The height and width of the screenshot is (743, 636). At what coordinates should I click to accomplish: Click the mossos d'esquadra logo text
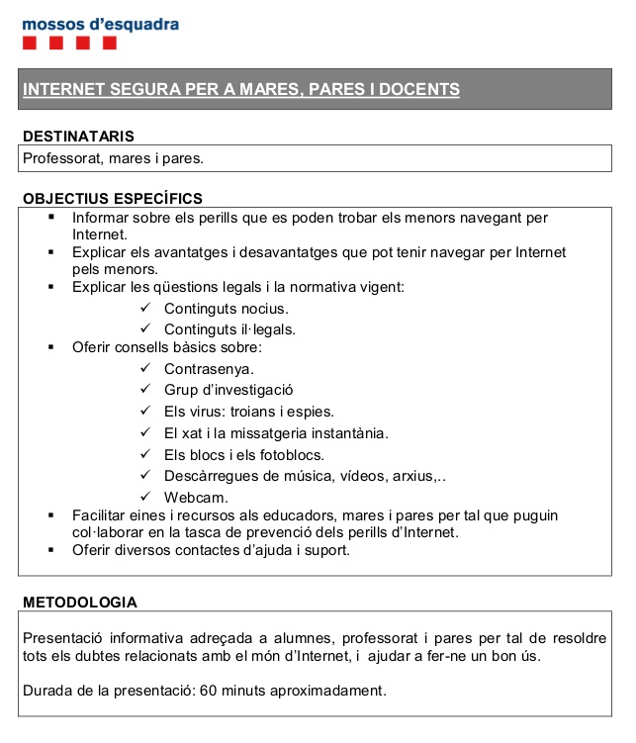[100, 24]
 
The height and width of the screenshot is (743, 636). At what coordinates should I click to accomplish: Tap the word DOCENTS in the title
[418, 89]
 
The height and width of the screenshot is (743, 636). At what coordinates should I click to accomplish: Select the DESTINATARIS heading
[78, 136]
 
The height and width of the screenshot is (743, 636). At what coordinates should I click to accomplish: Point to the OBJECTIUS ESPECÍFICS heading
[113, 199]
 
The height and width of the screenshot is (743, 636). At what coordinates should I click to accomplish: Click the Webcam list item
[196, 497]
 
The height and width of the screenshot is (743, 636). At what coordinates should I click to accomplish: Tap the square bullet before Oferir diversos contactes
[49, 550]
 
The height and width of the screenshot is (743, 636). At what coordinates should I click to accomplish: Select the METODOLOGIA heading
[80, 602]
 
